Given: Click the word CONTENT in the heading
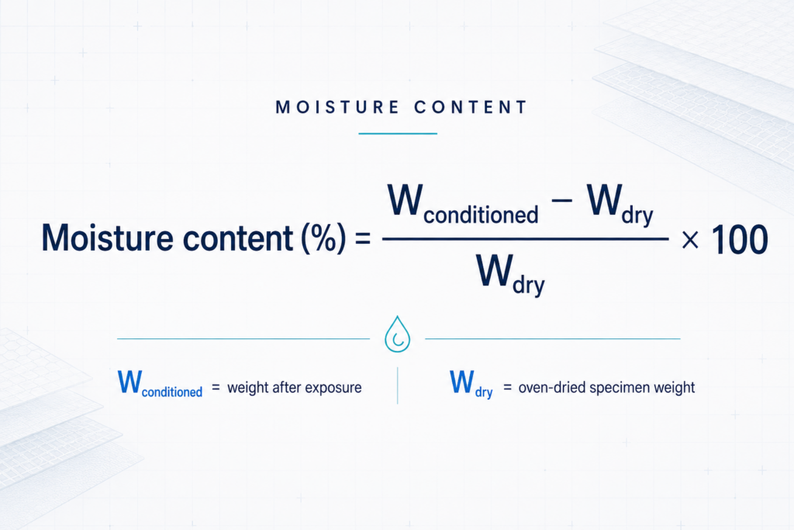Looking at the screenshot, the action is coord(471,107).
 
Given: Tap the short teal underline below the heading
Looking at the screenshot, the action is coord(398,133).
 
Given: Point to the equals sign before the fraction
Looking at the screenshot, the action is coord(363,238).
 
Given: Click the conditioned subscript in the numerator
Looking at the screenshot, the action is coord(481,215).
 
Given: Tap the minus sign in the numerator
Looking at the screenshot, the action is coord(561,200).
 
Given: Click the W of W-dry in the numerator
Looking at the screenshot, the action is coord(605,200).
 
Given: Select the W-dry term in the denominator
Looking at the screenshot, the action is coord(511,275).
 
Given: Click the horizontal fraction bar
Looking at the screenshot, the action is coord(526,239).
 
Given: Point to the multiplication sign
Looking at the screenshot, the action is coord(690,240).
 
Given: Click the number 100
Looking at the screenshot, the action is coord(740,239).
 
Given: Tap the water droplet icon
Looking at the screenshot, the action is coord(398,334).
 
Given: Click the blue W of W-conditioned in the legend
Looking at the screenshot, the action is coord(129,382).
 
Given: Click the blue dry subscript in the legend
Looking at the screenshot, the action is coord(484,392).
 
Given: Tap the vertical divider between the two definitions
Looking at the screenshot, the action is coord(398,386).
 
